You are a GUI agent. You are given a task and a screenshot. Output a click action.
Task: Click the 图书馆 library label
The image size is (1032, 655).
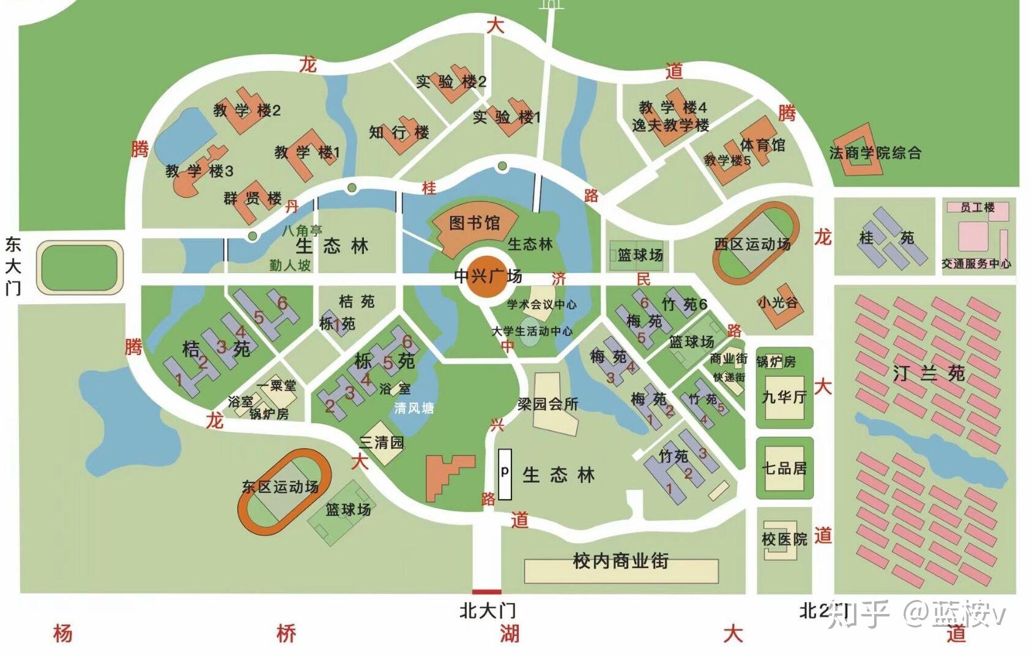click(474, 223)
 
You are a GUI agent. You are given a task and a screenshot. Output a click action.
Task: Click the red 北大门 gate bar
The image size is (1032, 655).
click(487, 591)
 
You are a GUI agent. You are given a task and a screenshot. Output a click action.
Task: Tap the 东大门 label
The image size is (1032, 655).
click(13, 266)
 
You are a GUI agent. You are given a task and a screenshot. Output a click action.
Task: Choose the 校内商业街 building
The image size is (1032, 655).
click(620, 569)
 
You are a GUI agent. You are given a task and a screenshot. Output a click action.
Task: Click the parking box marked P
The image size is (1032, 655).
click(505, 473)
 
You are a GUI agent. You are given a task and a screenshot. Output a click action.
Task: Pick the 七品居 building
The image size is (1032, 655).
click(784, 469)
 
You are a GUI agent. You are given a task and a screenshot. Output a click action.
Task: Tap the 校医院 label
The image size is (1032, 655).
click(784, 539)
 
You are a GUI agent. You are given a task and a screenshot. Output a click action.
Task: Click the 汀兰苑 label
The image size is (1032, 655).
click(928, 373)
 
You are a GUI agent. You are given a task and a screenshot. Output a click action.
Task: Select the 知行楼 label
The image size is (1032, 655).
click(399, 132)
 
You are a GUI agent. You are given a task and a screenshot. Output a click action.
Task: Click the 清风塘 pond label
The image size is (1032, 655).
click(414, 408)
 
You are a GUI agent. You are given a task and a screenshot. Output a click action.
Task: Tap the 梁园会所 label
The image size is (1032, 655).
click(548, 404)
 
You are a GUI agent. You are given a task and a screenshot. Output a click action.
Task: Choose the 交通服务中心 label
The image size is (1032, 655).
click(976, 264)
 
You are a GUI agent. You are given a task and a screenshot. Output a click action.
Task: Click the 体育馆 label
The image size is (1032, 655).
click(762, 145)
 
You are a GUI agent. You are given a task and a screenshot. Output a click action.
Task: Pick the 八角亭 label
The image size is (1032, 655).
click(302, 231)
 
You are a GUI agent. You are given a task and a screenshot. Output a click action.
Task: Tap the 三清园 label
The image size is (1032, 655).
click(381, 442)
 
